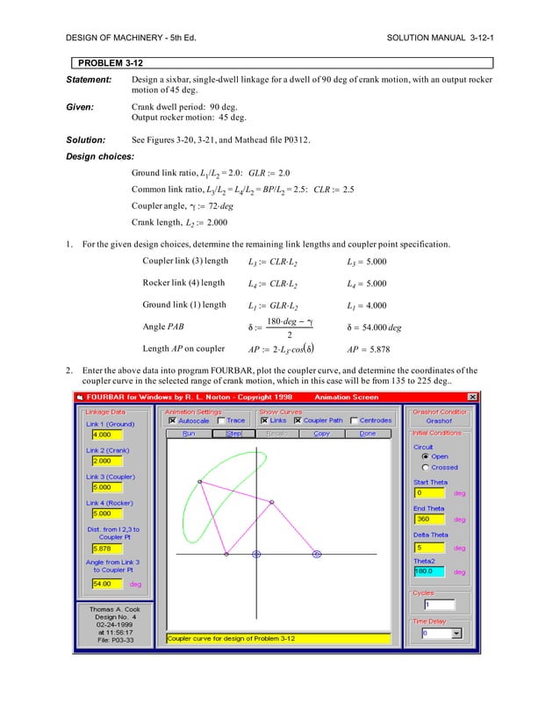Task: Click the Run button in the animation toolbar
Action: (189, 433)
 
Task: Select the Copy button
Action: (321, 433)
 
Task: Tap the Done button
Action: (367, 433)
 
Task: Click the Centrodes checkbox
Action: (354, 420)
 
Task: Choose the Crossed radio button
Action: (426, 467)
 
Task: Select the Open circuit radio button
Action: (426, 456)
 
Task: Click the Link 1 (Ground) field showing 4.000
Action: (101, 434)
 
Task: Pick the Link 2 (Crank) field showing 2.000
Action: (101, 460)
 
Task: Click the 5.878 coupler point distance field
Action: (101, 549)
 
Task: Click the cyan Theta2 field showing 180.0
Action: (428, 571)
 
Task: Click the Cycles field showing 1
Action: (439, 605)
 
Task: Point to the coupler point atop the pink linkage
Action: (200, 482)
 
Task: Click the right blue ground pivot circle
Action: (317, 554)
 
